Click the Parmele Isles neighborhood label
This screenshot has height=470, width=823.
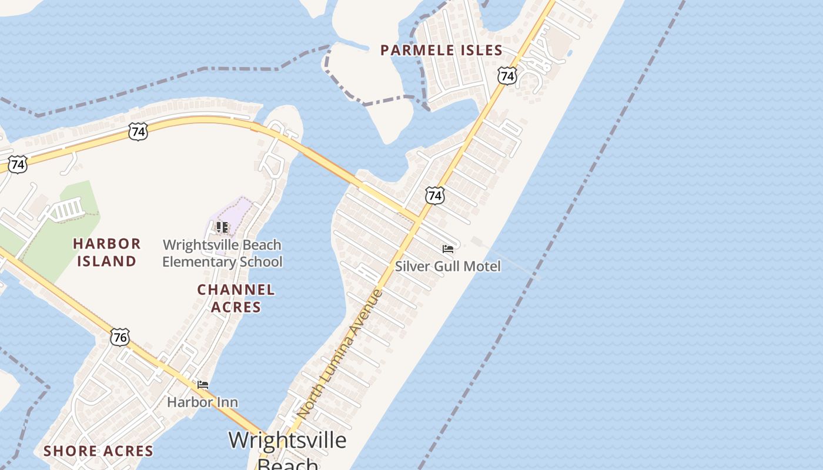point(441,51)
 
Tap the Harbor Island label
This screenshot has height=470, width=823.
point(107,252)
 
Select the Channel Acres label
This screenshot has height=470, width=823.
point(236,298)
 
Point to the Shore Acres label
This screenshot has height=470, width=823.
point(99,451)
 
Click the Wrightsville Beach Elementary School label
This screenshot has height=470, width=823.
point(222,253)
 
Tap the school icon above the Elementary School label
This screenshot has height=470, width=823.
point(222,227)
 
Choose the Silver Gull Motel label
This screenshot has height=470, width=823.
point(447,266)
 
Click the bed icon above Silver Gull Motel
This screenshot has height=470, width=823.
point(448,249)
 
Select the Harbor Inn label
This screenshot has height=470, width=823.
point(202,402)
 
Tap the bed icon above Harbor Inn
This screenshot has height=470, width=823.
point(203,385)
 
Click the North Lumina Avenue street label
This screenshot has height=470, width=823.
point(341,354)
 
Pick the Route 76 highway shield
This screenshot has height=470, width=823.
point(120,337)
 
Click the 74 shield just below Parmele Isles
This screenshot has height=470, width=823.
point(507,76)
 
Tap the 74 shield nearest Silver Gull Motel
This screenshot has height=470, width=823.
point(435,196)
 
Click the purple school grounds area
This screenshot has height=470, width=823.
point(235,217)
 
